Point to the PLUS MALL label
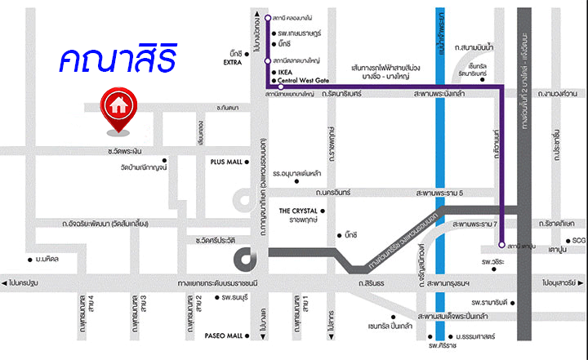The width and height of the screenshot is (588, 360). pos(226,162)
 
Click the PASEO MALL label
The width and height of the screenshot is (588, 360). pos(224,336)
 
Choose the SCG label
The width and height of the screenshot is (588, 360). pos(579,240)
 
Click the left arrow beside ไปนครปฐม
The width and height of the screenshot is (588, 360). pos(6,282)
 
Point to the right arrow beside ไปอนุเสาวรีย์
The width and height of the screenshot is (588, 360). pos(582,282)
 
